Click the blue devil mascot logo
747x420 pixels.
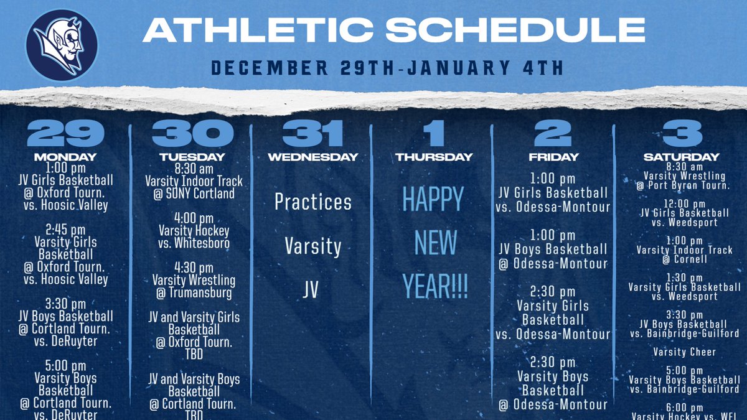pos(62,44)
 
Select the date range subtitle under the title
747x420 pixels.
pos(387,67)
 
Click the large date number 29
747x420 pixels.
pos(65,133)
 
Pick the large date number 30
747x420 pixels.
pos(193,133)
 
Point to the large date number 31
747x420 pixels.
pos(312,133)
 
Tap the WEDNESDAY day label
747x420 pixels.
pos(313,157)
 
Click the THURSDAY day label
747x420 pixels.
pos(435,157)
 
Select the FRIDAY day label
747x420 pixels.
pos(553,157)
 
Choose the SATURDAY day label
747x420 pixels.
pos(682,157)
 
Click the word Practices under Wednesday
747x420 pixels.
pos(313,202)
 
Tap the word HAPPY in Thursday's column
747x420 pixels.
pos(433,200)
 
